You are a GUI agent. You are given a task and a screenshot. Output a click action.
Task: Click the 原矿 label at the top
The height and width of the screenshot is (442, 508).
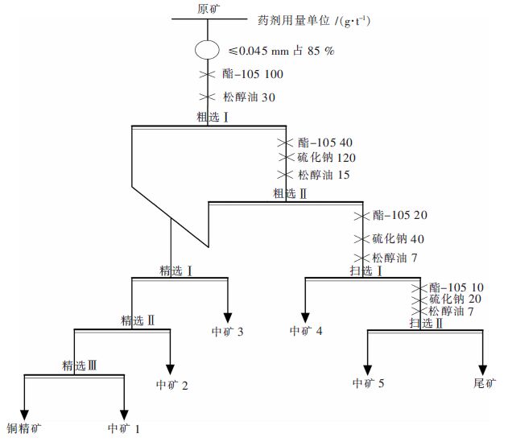(208, 9)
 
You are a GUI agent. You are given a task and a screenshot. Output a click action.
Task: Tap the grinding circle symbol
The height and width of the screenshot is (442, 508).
(208, 49)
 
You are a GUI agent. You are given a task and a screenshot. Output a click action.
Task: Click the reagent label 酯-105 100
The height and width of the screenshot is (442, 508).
(252, 74)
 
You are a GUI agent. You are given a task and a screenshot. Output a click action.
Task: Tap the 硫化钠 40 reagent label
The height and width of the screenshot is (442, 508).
(398, 238)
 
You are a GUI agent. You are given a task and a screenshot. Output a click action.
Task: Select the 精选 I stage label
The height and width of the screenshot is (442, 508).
(176, 270)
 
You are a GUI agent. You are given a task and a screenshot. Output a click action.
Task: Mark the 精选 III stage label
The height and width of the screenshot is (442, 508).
(80, 366)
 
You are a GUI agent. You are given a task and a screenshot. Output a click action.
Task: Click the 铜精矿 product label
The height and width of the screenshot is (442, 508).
(23, 428)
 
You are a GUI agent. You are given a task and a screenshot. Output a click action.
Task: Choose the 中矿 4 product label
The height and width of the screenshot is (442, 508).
(307, 331)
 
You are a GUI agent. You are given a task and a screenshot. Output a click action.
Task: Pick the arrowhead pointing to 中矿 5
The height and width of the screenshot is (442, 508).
(368, 363)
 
